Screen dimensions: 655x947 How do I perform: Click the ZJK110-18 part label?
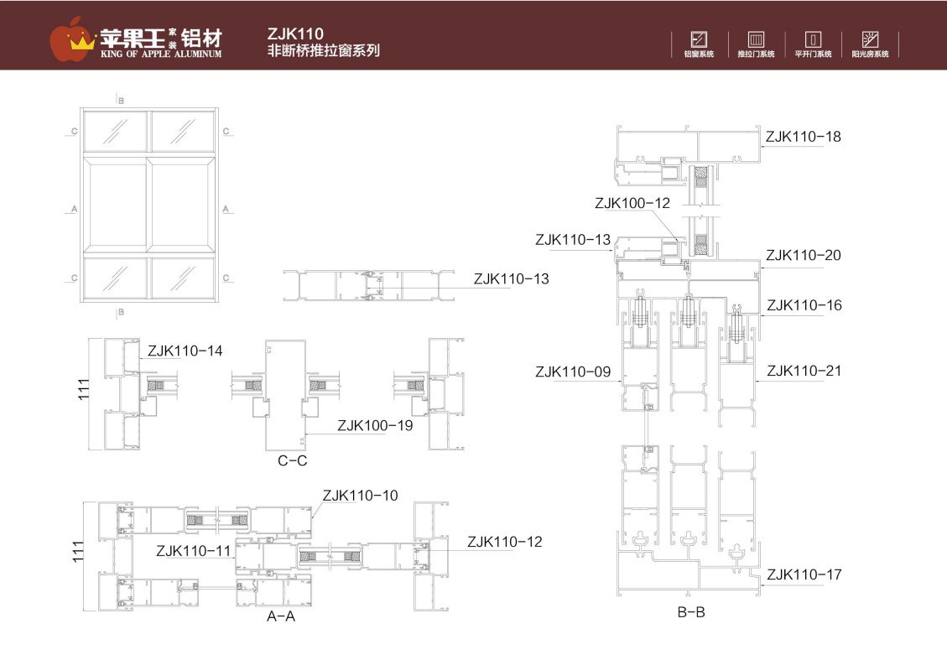tap(803, 137)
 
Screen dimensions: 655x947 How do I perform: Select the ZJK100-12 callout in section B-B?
tap(632, 203)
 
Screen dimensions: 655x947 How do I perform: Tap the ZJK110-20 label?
tap(803, 256)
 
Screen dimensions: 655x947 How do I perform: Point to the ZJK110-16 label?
tap(804, 305)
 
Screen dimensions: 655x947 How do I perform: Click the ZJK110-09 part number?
tap(573, 372)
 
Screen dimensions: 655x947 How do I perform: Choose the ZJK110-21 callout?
tap(804, 371)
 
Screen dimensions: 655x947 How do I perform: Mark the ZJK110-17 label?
tap(804, 574)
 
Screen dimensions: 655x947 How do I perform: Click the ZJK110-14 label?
tap(185, 351)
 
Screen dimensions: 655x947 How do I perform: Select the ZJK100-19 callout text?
tap(375, 425)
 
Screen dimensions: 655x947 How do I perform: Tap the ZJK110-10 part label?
tap(360, 496)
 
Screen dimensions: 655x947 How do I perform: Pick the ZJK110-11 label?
tap(194, 550)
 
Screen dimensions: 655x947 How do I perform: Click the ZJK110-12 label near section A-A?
tap(504, 542)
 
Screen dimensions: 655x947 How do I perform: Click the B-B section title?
tap(691, 612)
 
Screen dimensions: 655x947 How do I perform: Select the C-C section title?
tap(292, 460)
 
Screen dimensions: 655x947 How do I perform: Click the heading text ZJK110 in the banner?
tap(295, 34)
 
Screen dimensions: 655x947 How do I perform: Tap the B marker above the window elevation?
tap(121, 101)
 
